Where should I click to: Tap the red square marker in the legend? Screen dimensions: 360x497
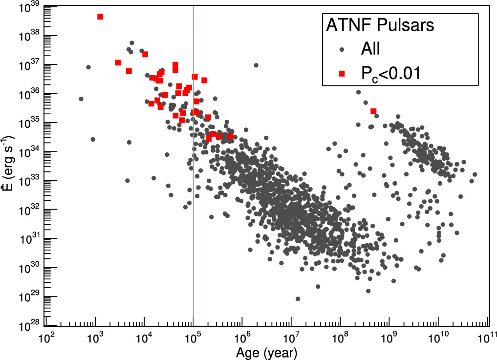342,73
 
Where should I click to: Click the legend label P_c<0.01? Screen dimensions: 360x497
391,74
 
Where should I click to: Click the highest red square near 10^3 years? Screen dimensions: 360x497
100,17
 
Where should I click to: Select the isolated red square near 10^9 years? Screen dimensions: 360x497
373,111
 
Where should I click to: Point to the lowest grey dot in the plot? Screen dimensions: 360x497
298,298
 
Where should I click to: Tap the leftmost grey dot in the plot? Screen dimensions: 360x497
81,99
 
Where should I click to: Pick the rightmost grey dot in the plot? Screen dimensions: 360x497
475,174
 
